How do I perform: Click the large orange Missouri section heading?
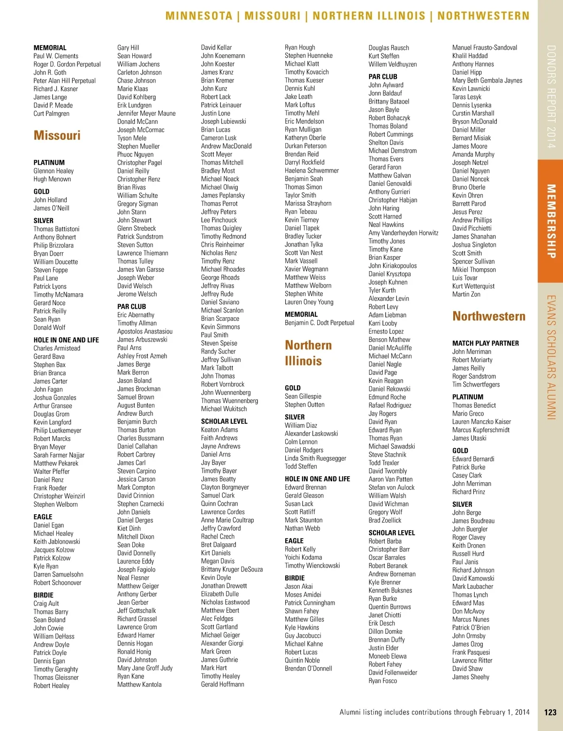click(x=57, y=136)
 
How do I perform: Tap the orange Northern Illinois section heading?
click(x=308, y=353)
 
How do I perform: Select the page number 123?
click(x=550, y=712)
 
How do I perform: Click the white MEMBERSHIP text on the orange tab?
click(x=551, y=221)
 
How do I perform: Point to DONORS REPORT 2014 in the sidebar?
click(x=551, y=97)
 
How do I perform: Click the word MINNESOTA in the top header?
click(x=199, y=16)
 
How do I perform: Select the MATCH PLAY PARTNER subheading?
click(x=485, y=343)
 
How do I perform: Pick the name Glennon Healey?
click(x=53, y=171)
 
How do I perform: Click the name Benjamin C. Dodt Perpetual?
click(x=319, y=323)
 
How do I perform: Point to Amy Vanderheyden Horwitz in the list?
click(x=403, y=233)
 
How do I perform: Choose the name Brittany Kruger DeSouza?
click(x=231, y=570)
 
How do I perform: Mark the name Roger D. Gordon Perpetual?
click(x=67, y=64)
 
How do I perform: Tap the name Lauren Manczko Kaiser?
click(x=481, y=422)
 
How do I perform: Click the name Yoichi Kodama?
click(x=303, y=557)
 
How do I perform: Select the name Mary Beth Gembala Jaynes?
click(x=487, y=81)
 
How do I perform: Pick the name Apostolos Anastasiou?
click(x=145, y=331)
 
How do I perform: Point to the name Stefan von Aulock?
click(x=391, y=487)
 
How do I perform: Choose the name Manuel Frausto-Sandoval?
click(x=484, y=48)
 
